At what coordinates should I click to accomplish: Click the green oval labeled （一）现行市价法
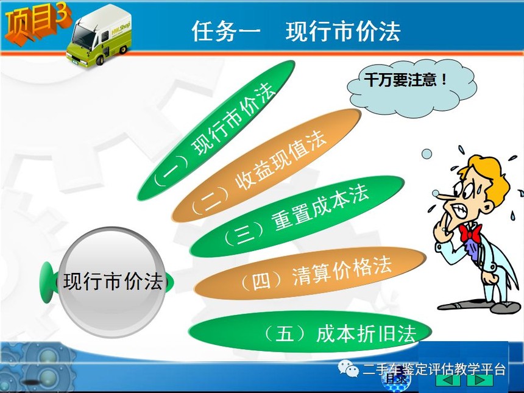click(216, 130)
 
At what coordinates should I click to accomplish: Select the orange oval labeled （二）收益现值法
click(266, 165)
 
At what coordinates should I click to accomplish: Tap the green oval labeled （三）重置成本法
click(297, 216)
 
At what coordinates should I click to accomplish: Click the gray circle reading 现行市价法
click(112, 281)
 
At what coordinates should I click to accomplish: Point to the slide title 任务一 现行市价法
click(296, 31)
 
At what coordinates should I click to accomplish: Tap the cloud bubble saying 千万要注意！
click(412, 88)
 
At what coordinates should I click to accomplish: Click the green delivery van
click(99, 36)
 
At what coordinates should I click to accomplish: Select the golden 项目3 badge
click(37, 23)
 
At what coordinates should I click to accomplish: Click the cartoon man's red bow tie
click(471, 233)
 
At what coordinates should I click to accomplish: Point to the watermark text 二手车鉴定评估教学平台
click(434, 369)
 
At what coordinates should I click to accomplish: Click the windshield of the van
click(82, 37)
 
